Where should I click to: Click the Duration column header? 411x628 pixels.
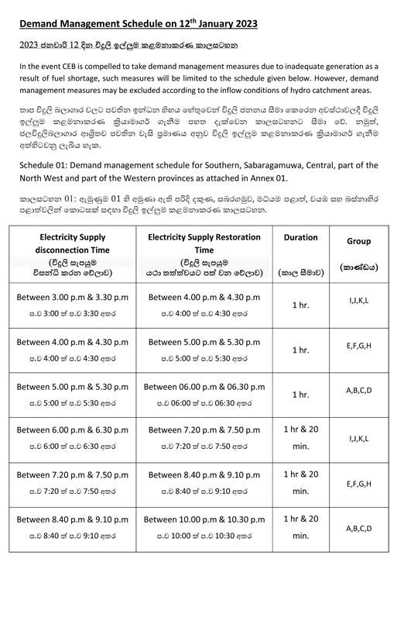(x=301, y=237)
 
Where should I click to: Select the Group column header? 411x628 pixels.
(x=358, y=241)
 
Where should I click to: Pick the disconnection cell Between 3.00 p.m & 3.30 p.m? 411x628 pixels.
(x=75, y=297)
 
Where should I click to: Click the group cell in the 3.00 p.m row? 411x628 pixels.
(x=358, y=297)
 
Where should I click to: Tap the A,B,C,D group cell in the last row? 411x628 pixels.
(x=358, y=528)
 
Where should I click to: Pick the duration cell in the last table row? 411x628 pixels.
(x=301, y=528)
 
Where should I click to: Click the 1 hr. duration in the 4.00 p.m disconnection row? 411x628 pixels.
(x=301, y=350)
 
